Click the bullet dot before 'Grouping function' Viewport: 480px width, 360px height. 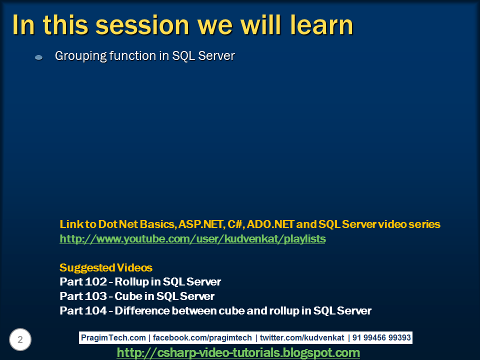click(38, 58)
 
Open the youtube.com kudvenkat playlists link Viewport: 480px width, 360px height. click(192, 239)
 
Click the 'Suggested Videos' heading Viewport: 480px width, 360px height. click(106, 267)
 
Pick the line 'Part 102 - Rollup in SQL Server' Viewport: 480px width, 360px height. click(140, 281)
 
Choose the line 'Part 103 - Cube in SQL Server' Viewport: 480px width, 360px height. click(137, 296)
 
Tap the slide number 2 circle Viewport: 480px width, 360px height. click(20, 340)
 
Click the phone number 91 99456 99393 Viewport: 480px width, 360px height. click(381, 338)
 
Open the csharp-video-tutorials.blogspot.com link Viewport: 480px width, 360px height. click(238, 353)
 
